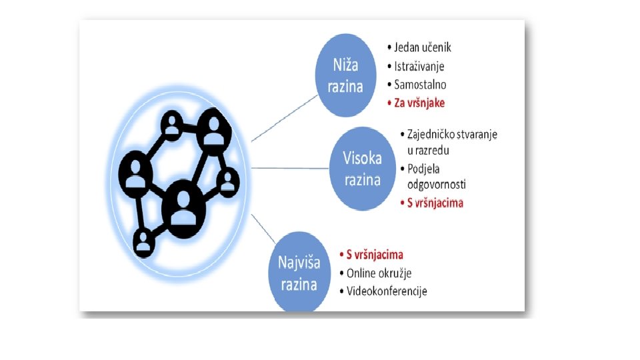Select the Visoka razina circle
[x=362, y=168]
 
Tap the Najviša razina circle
[x=299, y=272]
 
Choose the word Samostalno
[x=420, y=85]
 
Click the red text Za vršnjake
[x=419, y=103]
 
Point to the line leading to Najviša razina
[x=267, y=230]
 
